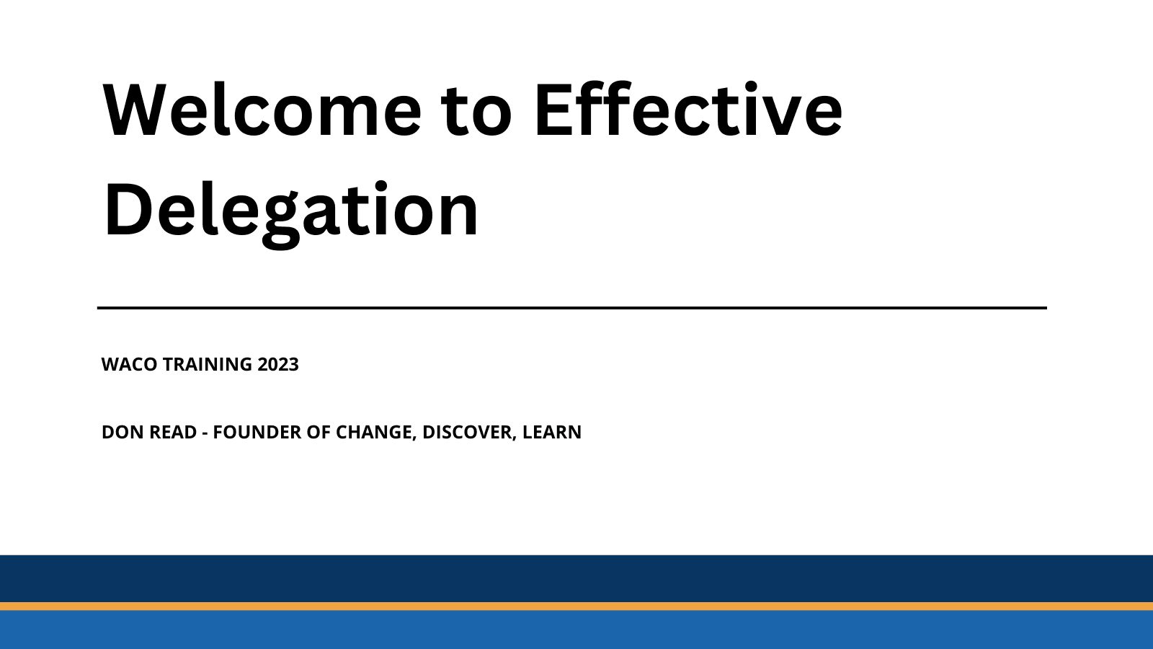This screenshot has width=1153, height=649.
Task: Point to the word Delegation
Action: point(291,211)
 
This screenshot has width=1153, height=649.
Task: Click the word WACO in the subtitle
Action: point(129,364)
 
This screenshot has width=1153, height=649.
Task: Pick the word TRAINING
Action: point(207,364)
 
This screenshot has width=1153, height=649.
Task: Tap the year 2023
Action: point(278,364)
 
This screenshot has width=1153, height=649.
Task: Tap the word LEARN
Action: point(551,432)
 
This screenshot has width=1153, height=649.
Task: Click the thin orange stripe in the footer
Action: point(576,606)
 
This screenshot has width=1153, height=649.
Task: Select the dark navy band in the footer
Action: point(576,578)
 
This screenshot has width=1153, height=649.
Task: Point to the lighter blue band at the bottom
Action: point(576,630)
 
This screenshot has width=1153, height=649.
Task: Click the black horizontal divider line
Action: point(571,308)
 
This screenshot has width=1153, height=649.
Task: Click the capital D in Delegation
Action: point(125,211)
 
